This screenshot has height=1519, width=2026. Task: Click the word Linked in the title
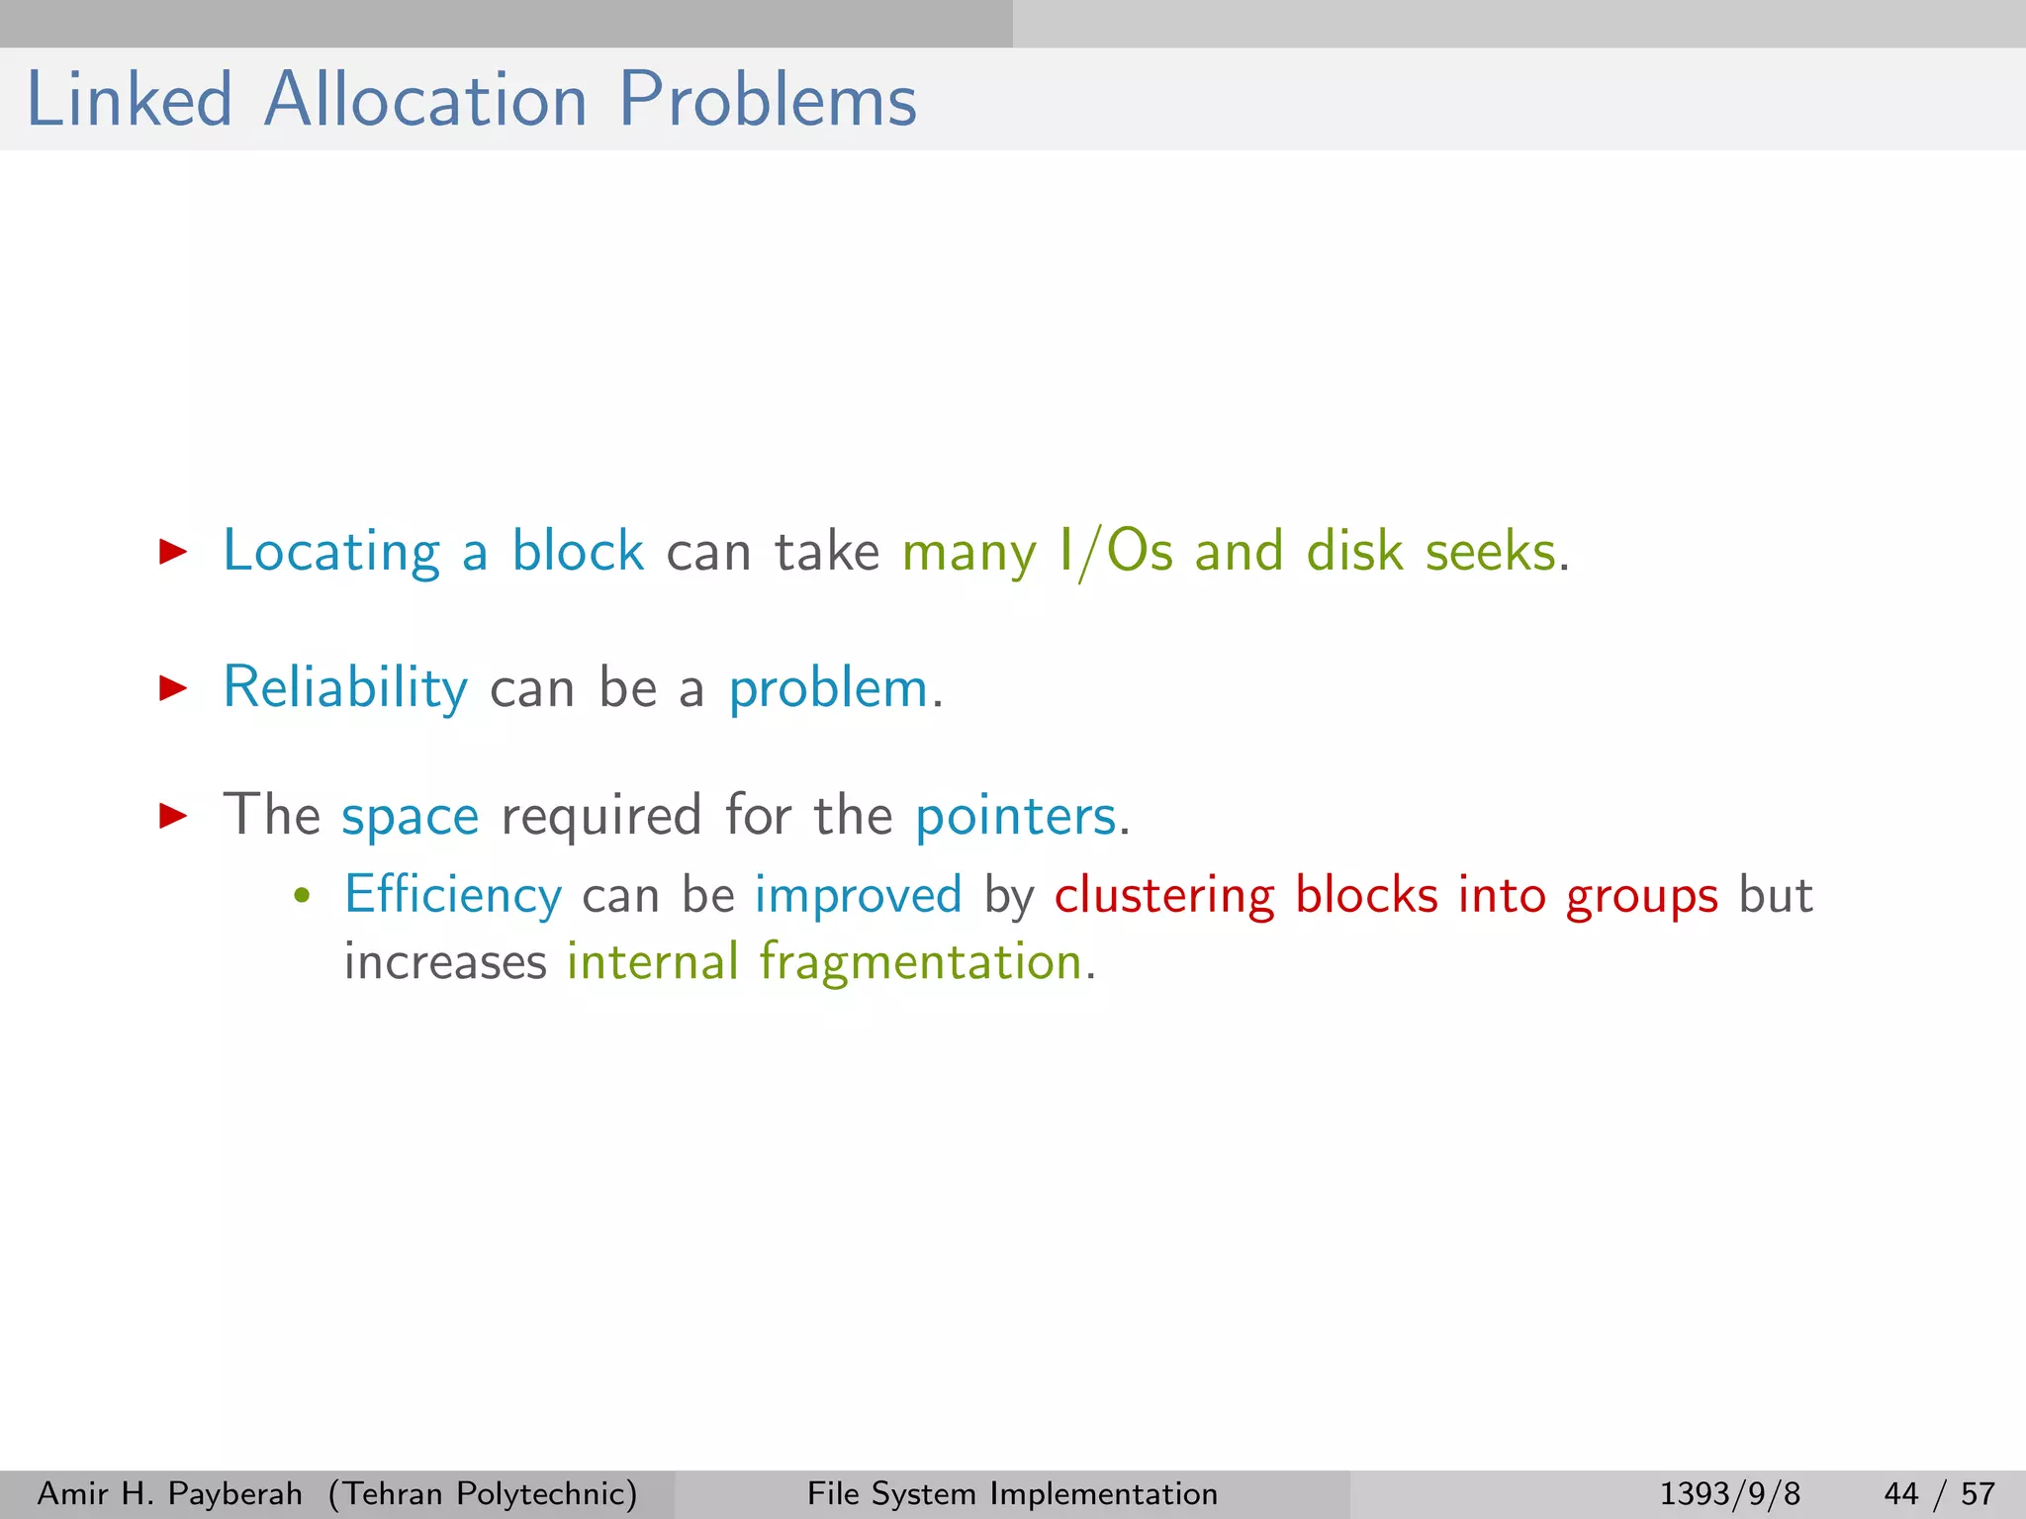[129, 100]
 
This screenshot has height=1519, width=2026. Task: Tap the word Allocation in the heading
[425, 100]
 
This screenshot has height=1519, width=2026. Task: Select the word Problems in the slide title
[768, 100]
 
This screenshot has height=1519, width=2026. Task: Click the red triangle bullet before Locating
[173, 552]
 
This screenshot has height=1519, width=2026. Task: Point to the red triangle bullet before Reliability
[173, 687]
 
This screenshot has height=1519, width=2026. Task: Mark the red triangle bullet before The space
[173, 815]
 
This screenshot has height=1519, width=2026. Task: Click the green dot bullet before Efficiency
[303, 897]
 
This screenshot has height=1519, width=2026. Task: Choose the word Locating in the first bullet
[331, 552]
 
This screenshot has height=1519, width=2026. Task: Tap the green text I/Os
[1115, 552]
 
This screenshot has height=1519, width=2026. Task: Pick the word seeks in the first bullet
[1491, 552]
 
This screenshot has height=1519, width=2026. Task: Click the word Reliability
[345, 687]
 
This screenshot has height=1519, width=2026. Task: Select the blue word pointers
[1016, 817]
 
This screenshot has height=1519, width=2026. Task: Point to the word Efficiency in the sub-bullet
[453, 895]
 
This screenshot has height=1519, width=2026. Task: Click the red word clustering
[1163, 896]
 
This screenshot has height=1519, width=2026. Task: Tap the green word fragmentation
[921, 962]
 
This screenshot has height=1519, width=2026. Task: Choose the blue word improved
[858, 896]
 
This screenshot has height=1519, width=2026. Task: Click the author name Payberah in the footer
[234, 1493]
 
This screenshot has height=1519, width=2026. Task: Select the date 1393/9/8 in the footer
[1729, 1493]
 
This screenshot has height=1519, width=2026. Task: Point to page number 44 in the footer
[1900, 1493]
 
